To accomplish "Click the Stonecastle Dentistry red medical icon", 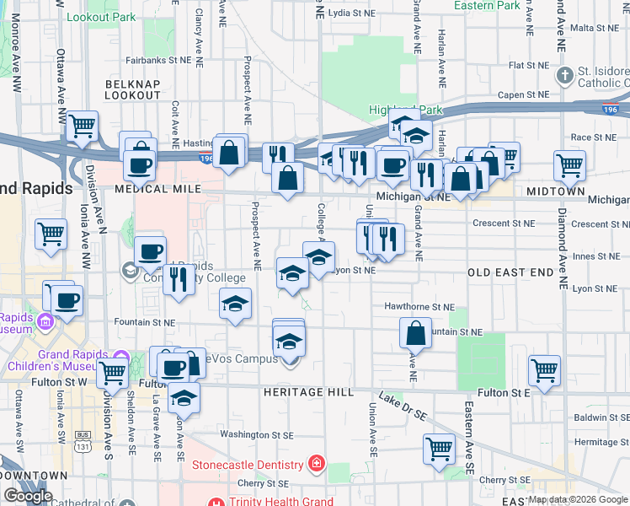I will point(317,465).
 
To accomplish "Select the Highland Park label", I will point(405,110).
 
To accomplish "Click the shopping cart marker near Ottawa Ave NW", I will point(51,232).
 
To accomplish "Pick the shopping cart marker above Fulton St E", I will point(545,369).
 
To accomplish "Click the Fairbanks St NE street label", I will point(159,60).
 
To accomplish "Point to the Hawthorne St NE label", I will point(419,308).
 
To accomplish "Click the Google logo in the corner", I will point(28,496).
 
